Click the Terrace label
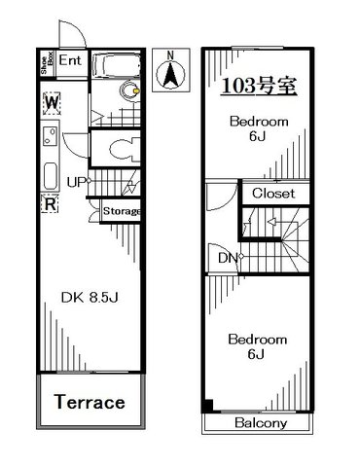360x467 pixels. pyautogui.click(x=90, y=402)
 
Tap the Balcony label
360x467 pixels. pyautogui.click(x=261, y=423)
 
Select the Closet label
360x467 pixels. pyautogui.click(x=273, y=194)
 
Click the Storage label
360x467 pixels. pyautogui.click(x=122, y=211)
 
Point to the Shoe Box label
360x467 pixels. pyautogui.click(x=47, y=63)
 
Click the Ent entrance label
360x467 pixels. pyautogui.click(x=70, y=60)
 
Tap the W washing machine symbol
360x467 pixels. pyautogui.click(x=52, y=103)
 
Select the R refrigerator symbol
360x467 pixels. pyautogui.click(x=50, y=203)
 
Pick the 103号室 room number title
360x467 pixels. pyautogui.click(x=259, y=87)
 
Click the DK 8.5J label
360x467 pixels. pyautogui.click(x=90, y=298)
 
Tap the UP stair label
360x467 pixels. pyautogui.click(x=76, y=182)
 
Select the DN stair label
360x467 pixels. pyautogui.click(x=228, y=258)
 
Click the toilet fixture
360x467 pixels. pyautogui.click(x=124, y=149)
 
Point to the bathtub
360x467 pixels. pyautogui.click(x=117, y=66)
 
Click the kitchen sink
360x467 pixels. pyautogui.click(x=51, y=135)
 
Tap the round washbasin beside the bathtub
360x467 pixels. pyautogui.click(x=130, y=91)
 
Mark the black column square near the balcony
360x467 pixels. pyautogui.click(x=207, y=406)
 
